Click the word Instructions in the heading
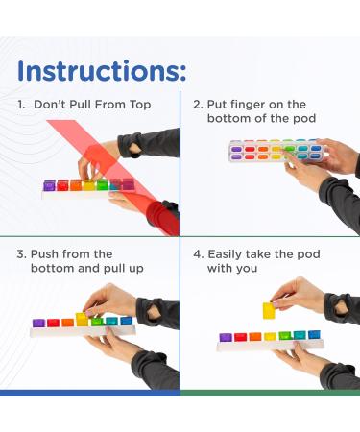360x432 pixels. [99, 71]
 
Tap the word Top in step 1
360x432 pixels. [140, 105]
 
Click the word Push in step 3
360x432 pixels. [45, 254]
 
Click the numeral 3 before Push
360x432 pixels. [21, 254]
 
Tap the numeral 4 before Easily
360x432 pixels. [198, 254]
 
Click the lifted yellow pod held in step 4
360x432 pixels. [269, 310]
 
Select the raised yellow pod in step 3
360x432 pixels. [82, 320]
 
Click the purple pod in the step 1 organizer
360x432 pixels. [49, 185]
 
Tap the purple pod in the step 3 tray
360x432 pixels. [38, 323]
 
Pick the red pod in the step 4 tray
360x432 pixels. [240, 337]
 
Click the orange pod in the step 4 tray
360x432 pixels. [255, 337]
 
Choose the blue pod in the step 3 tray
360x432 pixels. [127, 321]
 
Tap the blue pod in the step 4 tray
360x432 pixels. [314, 335]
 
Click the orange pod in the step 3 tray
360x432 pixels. [67, 323]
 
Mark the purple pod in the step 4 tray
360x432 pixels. [226, 337]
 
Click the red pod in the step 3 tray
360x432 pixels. [53, 323]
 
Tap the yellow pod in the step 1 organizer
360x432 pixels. [89, 185]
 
